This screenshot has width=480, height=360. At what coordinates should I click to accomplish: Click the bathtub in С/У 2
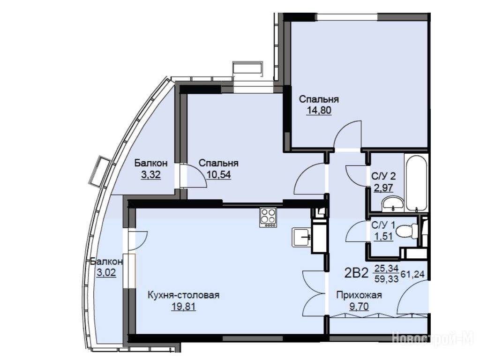416,182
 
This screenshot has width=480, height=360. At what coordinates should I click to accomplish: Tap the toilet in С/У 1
407,231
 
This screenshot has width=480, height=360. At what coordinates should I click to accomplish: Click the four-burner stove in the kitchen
268,217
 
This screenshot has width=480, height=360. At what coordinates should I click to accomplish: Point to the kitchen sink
301,237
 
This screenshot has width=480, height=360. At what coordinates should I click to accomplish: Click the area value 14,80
319,110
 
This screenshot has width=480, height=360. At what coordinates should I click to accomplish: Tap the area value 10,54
218,174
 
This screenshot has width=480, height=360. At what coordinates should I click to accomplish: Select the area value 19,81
184,306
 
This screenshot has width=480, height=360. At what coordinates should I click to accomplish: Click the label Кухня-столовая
184,295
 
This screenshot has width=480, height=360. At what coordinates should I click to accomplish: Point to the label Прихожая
359,295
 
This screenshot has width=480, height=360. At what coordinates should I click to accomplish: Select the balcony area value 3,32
151,175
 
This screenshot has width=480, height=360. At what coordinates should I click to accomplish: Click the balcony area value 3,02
106,272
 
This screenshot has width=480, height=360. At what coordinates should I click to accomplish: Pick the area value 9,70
359,306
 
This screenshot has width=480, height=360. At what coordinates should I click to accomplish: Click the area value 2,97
383,187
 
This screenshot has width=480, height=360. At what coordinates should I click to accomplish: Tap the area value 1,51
383,236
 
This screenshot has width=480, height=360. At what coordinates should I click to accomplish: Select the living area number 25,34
386,268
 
